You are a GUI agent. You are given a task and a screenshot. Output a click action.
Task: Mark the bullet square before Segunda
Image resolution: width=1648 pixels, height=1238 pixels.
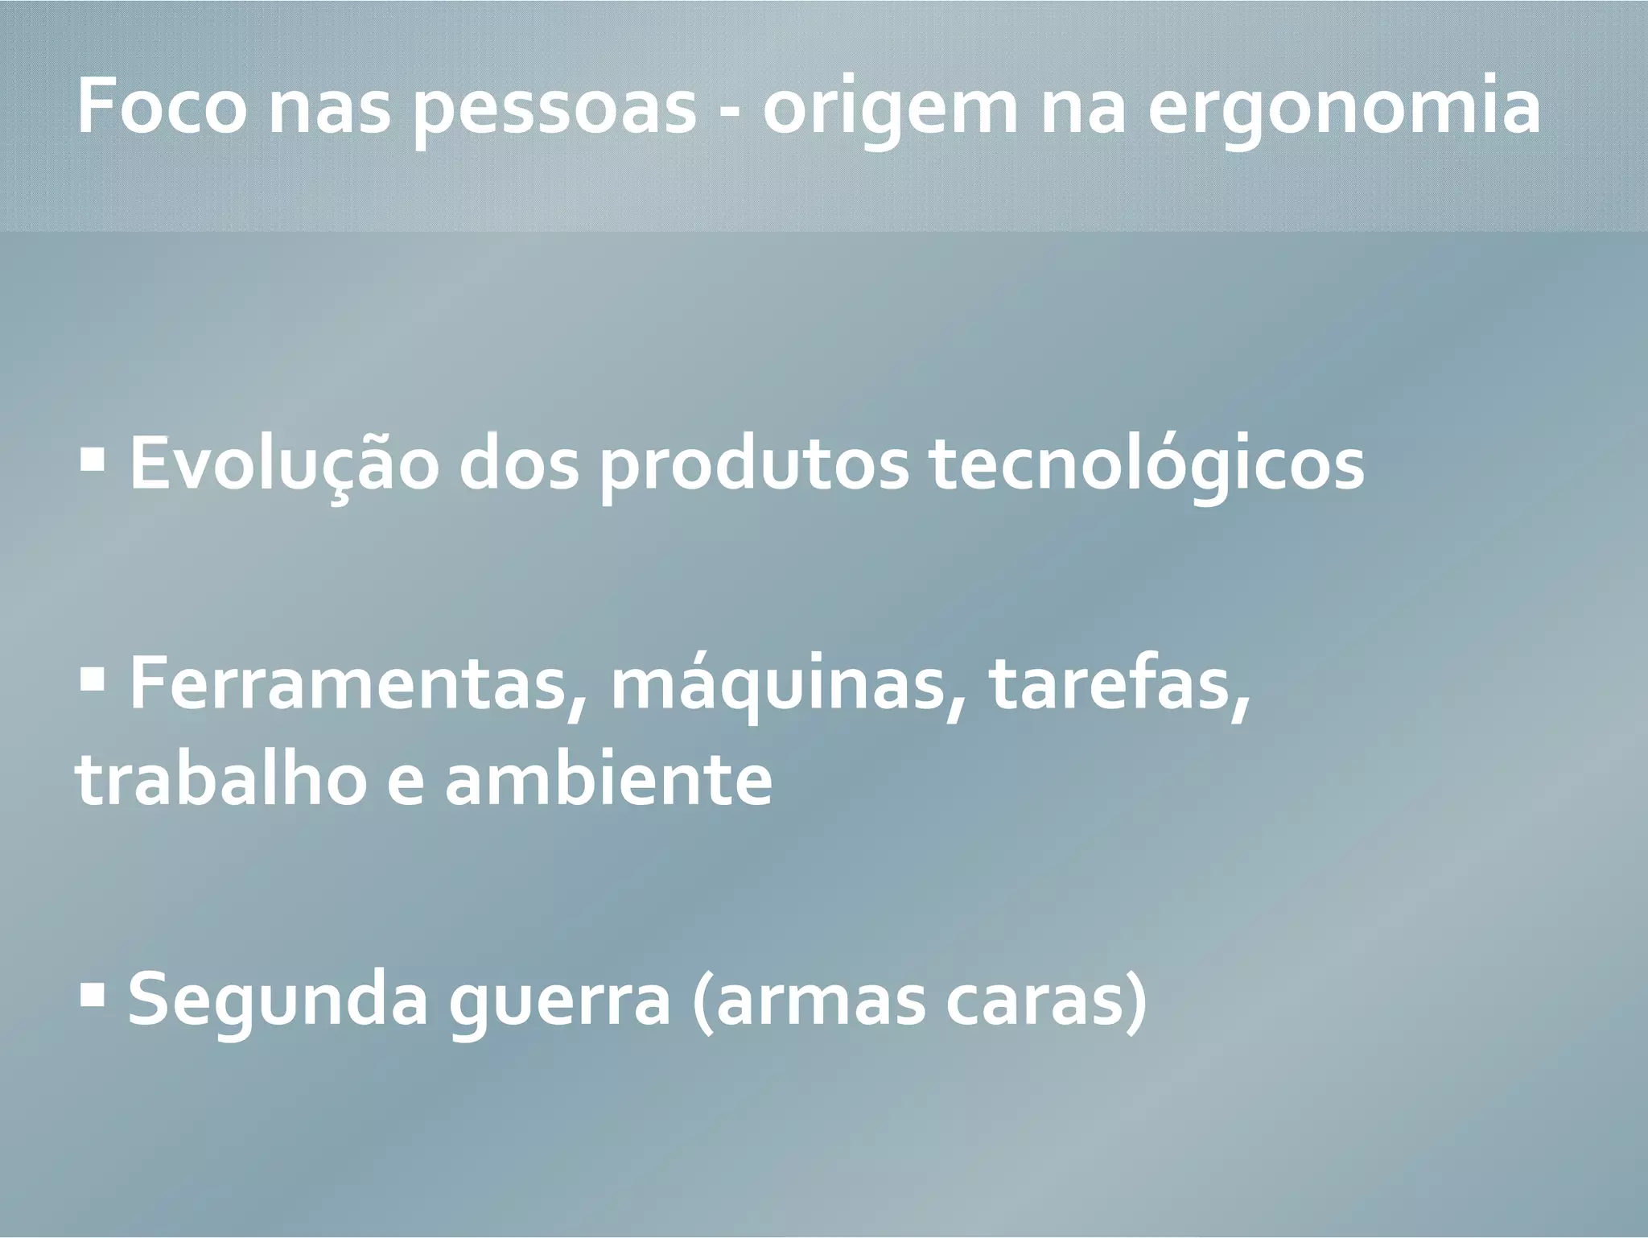(94, 997)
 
